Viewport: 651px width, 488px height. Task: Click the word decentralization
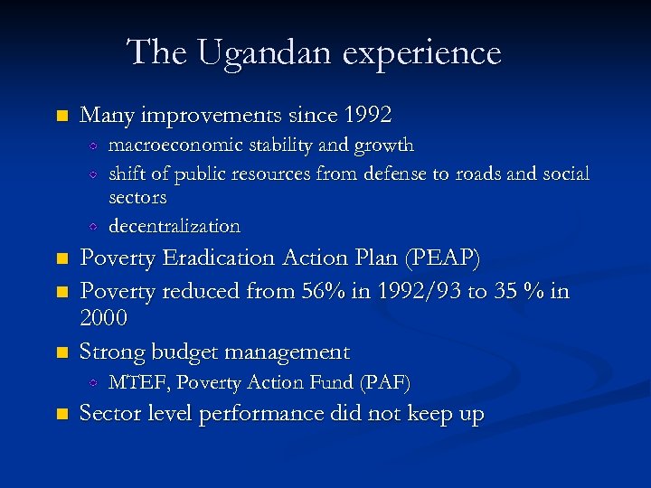click(175, 226)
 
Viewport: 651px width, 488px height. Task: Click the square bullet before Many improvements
click(61, 117)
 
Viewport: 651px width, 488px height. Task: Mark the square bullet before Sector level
click(61, 415)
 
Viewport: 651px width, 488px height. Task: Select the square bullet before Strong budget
click(61, 352)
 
